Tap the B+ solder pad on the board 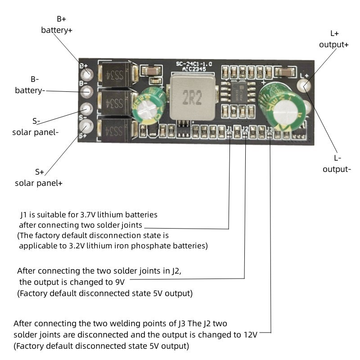coord(87,73)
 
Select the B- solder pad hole coord(87,91)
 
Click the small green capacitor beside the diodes coord(147,107)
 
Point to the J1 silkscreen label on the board coord(230,130)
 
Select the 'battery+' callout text coord(57,30)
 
